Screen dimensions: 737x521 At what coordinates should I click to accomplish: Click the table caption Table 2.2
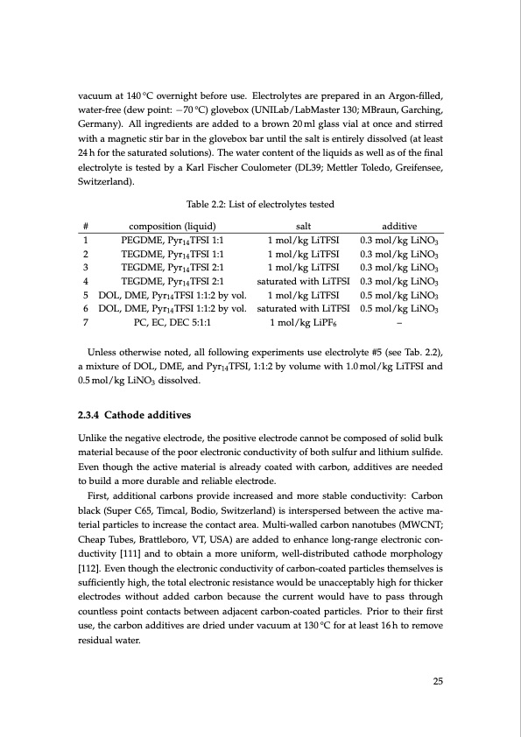(260, 204)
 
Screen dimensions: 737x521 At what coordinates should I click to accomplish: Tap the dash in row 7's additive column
(399, 322)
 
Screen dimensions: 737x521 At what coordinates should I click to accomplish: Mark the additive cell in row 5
(399, 295)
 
